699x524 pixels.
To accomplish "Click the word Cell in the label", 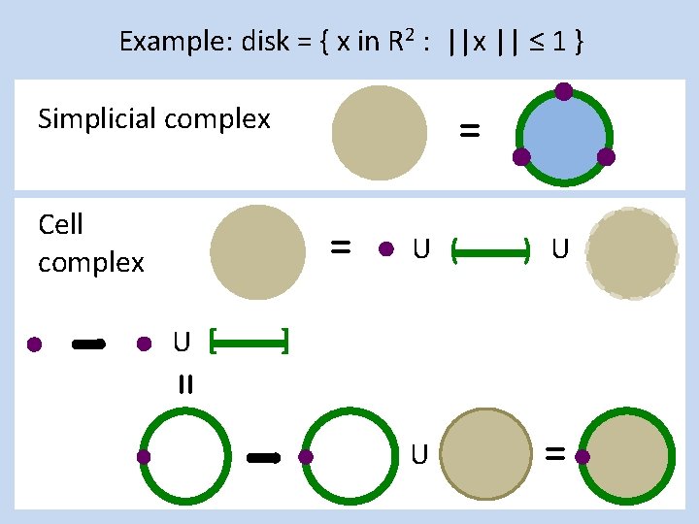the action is pos(60,225).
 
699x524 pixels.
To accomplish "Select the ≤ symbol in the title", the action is pos(533,41).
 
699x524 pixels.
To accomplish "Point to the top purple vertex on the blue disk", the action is pos(563,92).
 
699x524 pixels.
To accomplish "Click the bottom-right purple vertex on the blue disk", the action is pos(606,156).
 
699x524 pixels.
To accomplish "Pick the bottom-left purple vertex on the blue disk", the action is pos(521,156).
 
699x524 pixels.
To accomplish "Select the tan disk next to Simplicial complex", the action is pos(380,132).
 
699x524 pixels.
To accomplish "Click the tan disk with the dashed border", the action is pos(633,252).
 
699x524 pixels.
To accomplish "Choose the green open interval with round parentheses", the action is pos(490,252).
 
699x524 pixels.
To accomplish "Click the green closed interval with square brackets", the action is pos(250,342).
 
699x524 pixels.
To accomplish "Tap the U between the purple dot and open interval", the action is pos(420,250).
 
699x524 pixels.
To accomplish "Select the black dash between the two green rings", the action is pos(264,455).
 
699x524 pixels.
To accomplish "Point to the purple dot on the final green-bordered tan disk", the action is pos(583,456).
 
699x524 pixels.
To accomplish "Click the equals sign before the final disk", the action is pos(554,452).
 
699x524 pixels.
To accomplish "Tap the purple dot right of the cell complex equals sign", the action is pos(385,250).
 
